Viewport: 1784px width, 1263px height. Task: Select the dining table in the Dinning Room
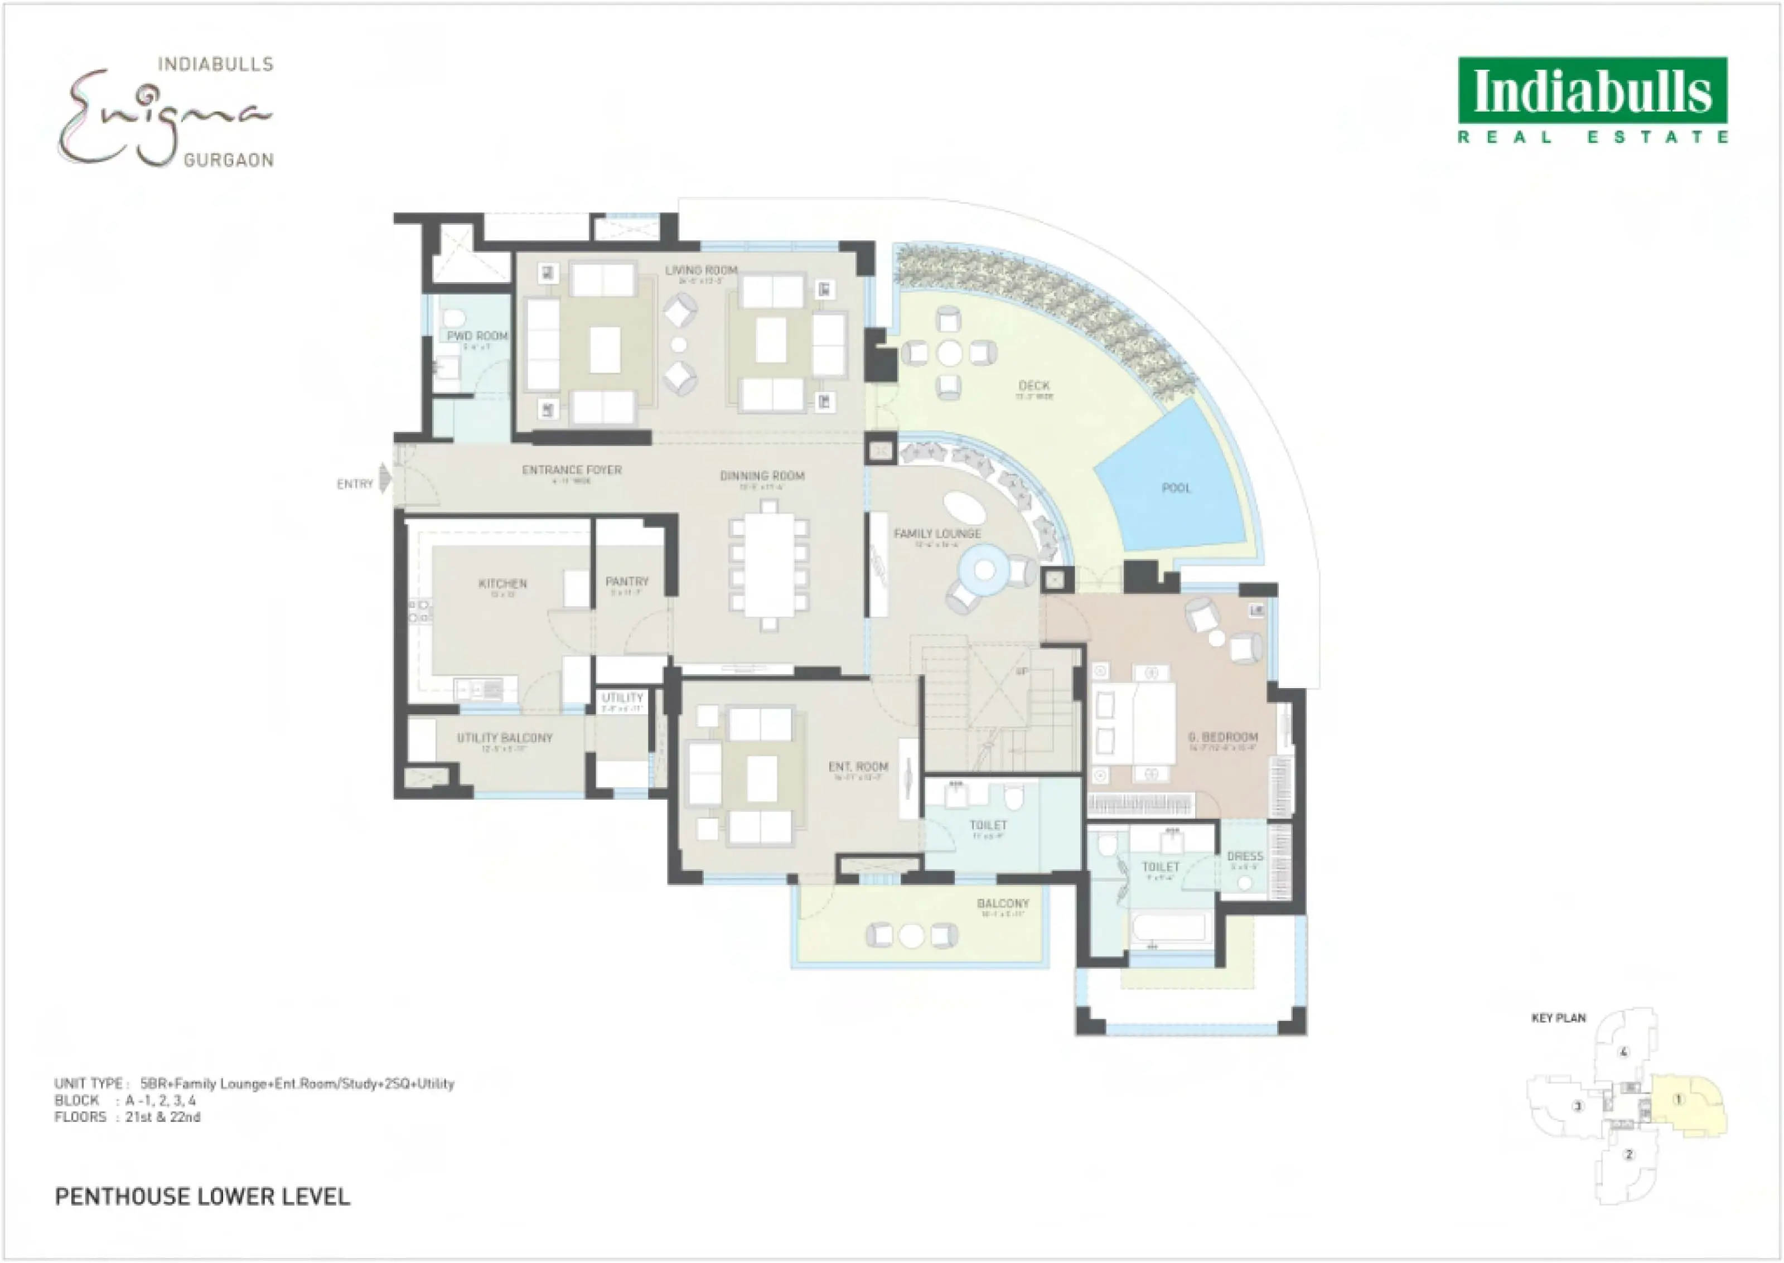tap(768, 565)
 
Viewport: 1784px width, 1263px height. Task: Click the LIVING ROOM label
tap(700, 270)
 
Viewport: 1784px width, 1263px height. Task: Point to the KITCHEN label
tap(502, 583)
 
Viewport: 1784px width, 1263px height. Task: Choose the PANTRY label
tap(627, 581)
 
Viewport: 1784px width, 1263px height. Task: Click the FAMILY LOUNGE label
tap(936, 534)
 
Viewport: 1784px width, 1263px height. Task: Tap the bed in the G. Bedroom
tap(1135, 723)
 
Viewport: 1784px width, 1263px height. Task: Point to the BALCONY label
tap(1003, 904)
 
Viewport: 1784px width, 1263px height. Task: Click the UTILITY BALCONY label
tap(504, 737)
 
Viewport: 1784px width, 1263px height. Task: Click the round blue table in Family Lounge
tap(984, 570)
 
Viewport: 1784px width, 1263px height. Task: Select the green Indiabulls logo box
tap(1593, 90)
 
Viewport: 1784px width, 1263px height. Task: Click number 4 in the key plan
tap(1623, 1053)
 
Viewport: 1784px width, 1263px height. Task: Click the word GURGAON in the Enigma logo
tap(228, 160)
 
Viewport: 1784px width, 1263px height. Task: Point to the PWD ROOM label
tap(477, 336)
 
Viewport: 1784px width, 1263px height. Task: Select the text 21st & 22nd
tap(162, 1117)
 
